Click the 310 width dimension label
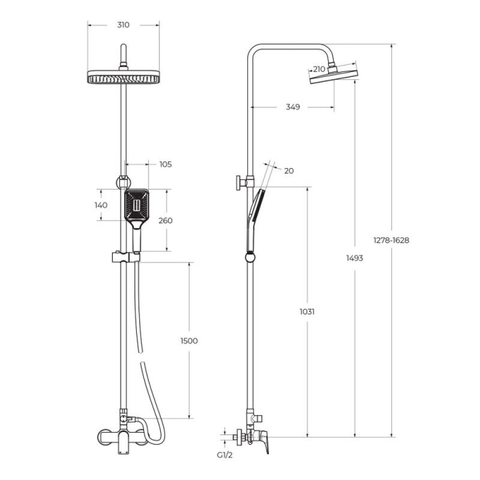124,25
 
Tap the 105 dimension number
166,164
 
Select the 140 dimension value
101,205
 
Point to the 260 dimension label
166,220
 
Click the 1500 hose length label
189,341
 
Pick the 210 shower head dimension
319,69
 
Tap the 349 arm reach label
293,107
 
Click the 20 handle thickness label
289,171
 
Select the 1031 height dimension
307,311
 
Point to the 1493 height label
355,258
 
